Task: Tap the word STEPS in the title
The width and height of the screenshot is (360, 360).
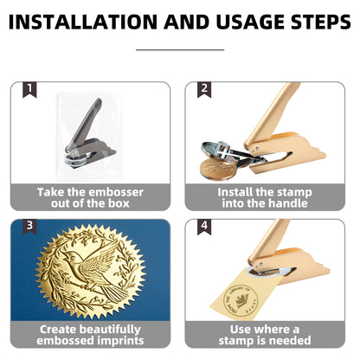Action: point(312,21)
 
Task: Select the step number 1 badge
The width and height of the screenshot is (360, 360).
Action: point(30,89)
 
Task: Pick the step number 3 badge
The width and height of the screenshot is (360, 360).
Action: point(30,227)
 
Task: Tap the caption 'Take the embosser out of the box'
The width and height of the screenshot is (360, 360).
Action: point(90,197)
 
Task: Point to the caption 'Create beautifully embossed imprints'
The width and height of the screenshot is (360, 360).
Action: point(90,335)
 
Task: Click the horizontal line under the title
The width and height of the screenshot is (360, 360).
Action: point(179,49)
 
